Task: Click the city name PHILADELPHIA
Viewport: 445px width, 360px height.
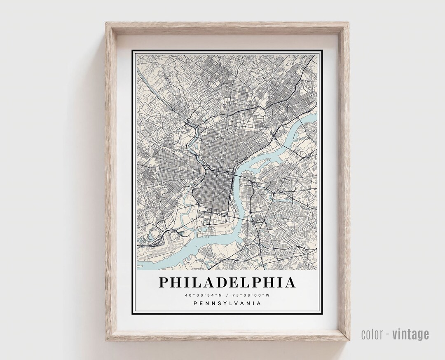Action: pyautogui.click(x=227, y=282)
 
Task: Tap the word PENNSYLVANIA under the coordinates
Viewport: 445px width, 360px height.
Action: pyautogui.click(x=227, y=304)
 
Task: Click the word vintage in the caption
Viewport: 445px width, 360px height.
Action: pyautogui.click(x=410, y=334)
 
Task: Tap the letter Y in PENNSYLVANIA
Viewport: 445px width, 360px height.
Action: pyautogui.click(x=222, y=304)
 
